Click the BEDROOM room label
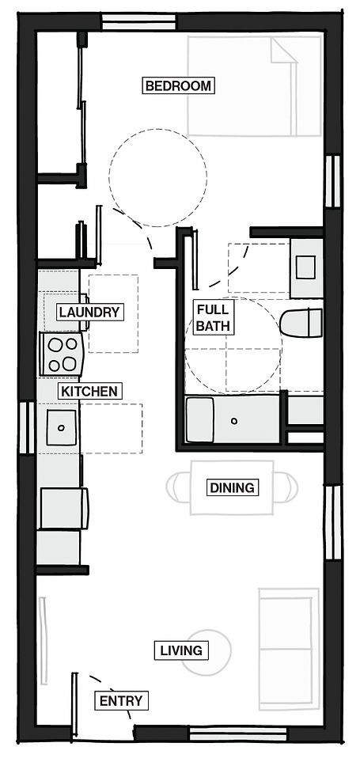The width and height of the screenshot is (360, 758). [x=178, y=86]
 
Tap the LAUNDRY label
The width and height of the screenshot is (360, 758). [x=89, y=312]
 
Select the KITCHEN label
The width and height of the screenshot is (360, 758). [x=89, y=391]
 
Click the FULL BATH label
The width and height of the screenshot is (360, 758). [x=213, y=317]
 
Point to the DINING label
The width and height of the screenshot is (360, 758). [x=232, y=487]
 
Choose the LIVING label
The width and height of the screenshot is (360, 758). [x=181, y=650]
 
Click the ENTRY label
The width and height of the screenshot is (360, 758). [x=121, y=700]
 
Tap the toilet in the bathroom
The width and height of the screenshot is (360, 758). [x=301, y=323]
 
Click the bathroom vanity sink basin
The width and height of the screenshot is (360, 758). [x=305, y=267]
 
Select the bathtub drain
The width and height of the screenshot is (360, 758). [x=234, y=421]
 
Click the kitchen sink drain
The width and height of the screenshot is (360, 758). [x=62, y=428]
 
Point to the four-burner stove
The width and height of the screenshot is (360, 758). [x=61, y=354]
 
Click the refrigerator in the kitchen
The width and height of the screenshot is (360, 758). [x=64, y=508]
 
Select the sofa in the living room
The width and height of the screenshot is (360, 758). [x=289, y=649]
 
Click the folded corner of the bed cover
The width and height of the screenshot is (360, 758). [x=282, y=50]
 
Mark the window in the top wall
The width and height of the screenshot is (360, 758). [x=138, y=22]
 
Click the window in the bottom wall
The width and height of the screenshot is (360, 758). [x=237, y=733]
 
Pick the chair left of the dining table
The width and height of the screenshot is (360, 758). [x=178, y=487]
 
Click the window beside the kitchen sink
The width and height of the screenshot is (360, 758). [x=27, y=427]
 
